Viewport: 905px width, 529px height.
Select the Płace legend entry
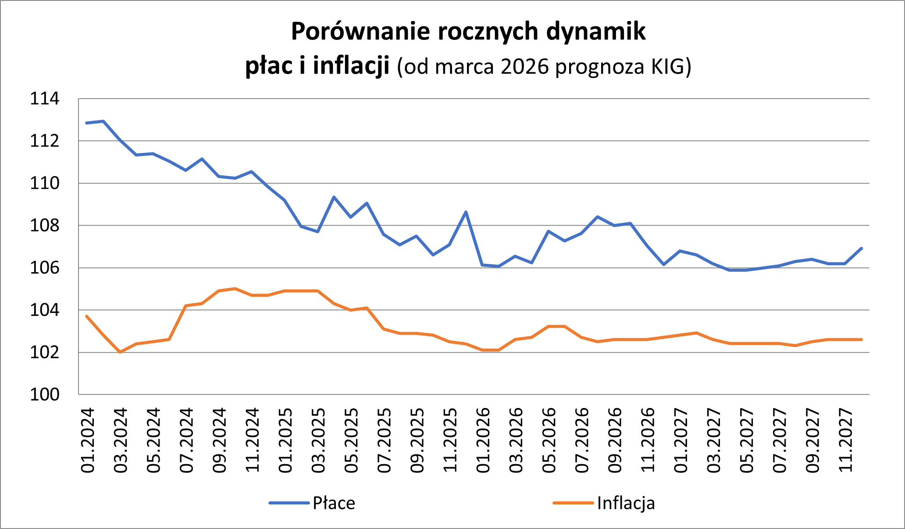[x=333, y=503]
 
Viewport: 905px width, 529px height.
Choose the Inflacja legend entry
[x=626, y=503]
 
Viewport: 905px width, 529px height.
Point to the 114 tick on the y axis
[x=44, y=99]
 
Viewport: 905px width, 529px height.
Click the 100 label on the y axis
[x=44, y=394]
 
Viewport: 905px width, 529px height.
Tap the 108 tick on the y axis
[x=44, y=226]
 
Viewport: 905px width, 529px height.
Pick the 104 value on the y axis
[x=44, y=310]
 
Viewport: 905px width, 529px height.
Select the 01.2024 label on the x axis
[x=87, y=440]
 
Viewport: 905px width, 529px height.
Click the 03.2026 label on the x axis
[x=516, y=440]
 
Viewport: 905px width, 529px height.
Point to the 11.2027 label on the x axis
[x=845, y=440]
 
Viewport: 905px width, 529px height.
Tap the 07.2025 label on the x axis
[x=384, y=440]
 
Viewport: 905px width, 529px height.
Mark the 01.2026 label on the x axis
[x=483, y=440]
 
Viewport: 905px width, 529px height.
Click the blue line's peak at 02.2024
[x=103, y=121]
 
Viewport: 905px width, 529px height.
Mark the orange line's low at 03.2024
[x=120, y=352]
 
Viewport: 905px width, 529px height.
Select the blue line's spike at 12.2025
[x=466, y=212]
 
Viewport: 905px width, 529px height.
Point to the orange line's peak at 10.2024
[x=235, y=288]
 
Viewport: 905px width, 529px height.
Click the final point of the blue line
[x=862, y=249]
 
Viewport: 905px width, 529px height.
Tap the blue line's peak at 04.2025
[x=334, y=197]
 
